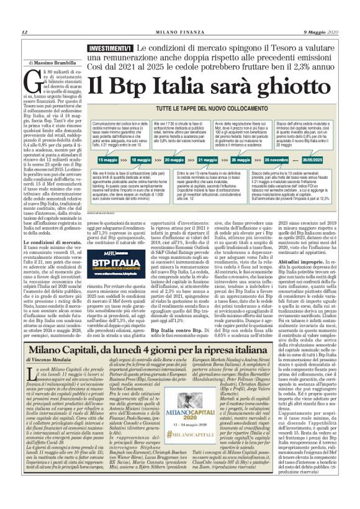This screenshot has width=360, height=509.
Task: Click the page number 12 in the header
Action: (24, 32)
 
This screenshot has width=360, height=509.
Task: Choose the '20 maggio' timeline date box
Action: (174, 160)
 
